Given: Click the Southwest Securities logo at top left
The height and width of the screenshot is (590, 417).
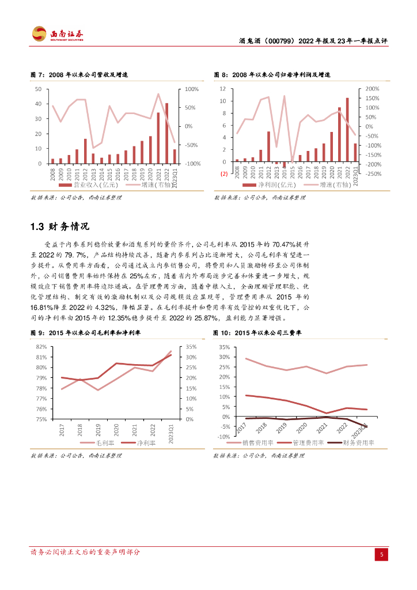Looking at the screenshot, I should click(x=58, y=34).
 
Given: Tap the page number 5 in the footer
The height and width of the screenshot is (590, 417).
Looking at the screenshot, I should click(x=381, y=554).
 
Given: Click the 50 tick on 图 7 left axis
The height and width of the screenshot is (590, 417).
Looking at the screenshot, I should click(x=38, y=89).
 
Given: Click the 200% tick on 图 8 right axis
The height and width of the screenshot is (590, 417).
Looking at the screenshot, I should click(x=373, y=89).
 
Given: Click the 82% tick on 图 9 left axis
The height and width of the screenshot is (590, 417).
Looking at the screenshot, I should click(x=41, y=347).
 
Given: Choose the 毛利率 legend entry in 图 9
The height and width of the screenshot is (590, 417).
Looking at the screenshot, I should click(x=104, y=442).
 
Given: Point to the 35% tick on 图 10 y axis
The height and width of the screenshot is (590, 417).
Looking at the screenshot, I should click(x=224, y=347).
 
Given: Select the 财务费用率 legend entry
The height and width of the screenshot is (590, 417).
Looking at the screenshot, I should click(x=358, y=442).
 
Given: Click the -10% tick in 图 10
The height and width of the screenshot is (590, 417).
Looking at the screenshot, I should click(x=223, y=437).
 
